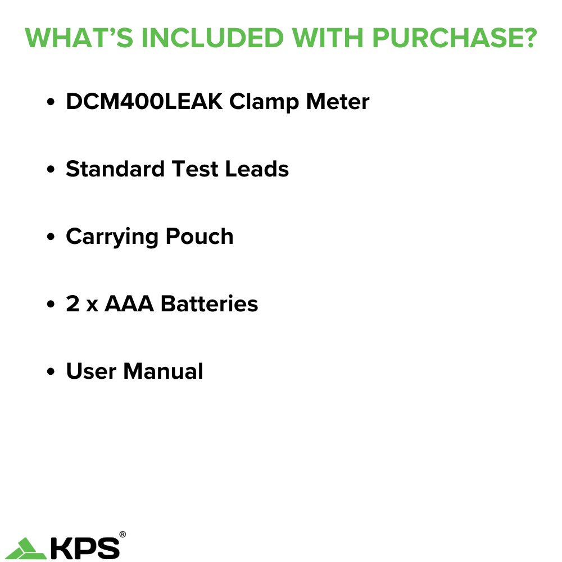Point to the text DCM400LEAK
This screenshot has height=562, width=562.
144,102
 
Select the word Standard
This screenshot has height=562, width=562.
115,169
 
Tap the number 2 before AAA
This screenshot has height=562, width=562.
72,304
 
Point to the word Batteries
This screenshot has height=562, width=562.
210,304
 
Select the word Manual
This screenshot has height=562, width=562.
163,371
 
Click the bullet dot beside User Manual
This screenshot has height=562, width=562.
51,372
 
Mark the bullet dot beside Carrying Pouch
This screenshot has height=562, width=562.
51,237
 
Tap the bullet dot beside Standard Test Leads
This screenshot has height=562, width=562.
51,170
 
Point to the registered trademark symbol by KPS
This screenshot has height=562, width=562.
123,534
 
